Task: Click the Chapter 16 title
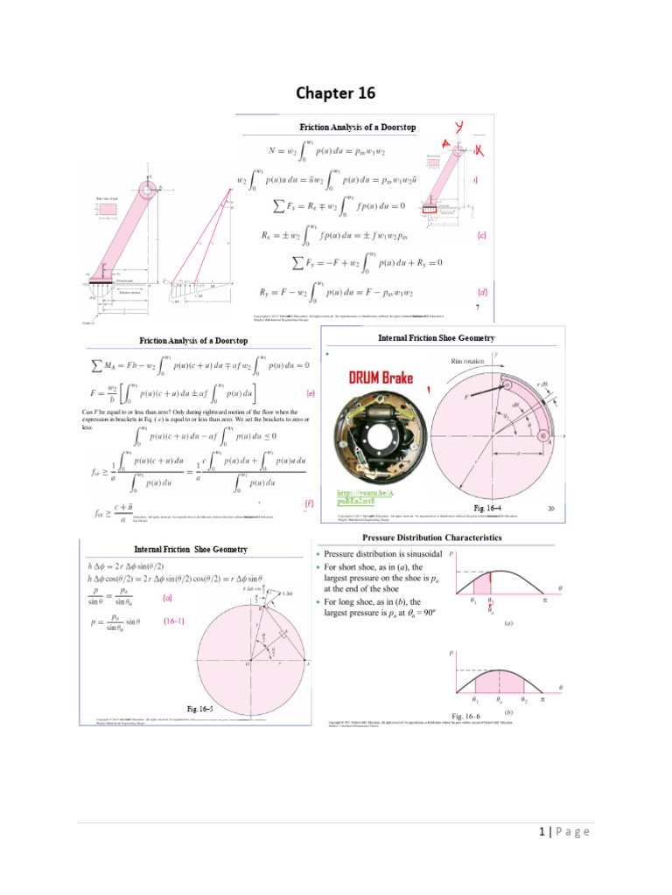(x=335, y=94)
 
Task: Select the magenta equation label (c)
(x=481, y=235)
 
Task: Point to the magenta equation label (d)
(x=481, y=292)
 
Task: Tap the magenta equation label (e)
(x=310, y=393)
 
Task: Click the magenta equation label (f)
(x=309, y=504)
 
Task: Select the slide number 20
(x=552, y=507)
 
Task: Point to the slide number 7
(x=477, y=308)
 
